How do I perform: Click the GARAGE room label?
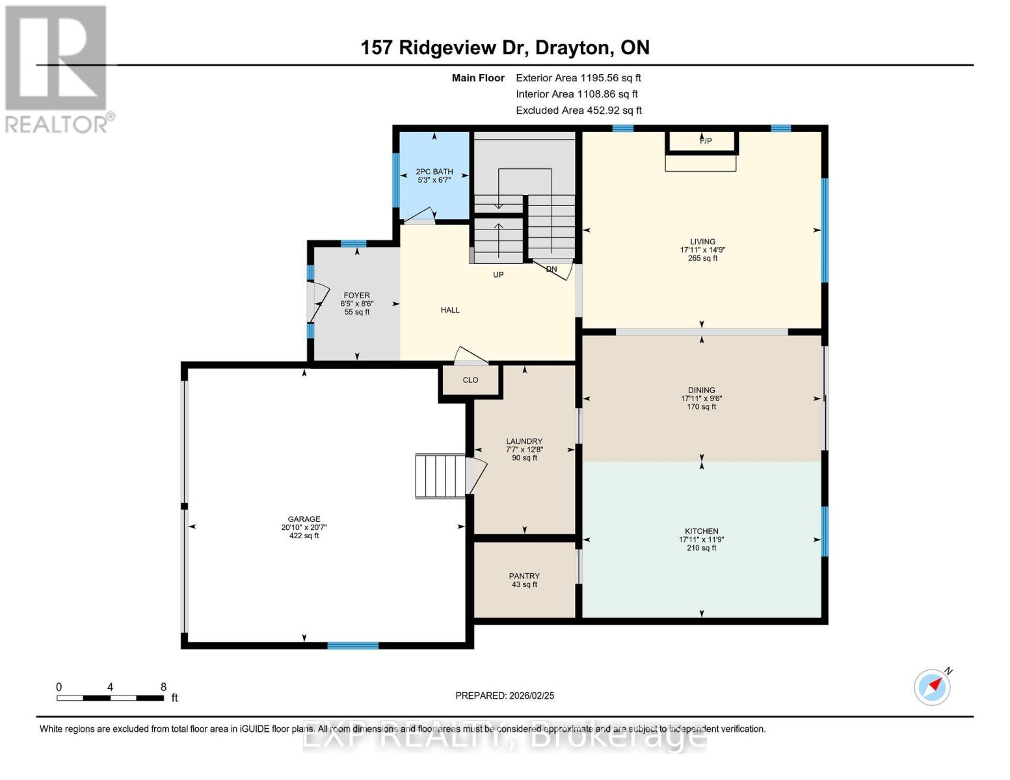tap(304, 519)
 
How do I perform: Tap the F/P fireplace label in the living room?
tap(706, 141)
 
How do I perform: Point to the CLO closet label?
tap(470, 380)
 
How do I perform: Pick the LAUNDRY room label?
tap(524, 441)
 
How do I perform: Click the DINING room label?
tap(701, 391)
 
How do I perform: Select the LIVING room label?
tap(702, 242)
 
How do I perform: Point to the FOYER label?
tap(356, 296)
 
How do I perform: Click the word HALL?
tap(450, 310)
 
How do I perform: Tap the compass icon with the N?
tap(932, 686)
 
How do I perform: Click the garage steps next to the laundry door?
tap(440, 476)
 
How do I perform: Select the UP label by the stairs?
tap(498, 275)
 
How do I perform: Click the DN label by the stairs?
tap(552, 269)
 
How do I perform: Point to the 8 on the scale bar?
tap(163, 687)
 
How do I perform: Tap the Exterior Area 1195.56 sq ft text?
tap(578, 78)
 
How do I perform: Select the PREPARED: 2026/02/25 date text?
tap(505, 695)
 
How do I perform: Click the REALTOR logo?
tap(57, 68)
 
